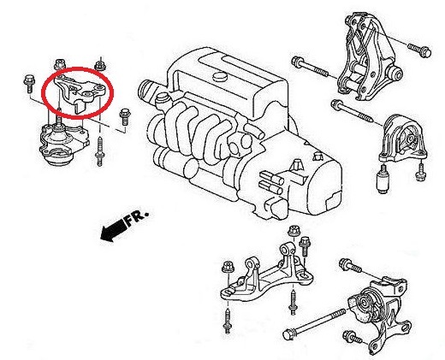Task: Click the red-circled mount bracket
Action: [x=80, y=91]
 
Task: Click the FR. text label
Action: [x=137, y=218]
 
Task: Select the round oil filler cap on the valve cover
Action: [x=219, y=77]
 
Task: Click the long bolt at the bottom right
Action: [x=314, y=323]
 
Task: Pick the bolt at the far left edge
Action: [x=29, y=83]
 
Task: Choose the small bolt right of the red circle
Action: [x=124, y=116]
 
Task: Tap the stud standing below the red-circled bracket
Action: [x=99, y=151]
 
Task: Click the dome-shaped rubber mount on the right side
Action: [x=403, y=139]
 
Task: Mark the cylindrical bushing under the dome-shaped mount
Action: [x=383, y=179]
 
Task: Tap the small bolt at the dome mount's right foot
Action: [x=420, y=172]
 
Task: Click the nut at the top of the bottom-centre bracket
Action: [x=294, y=231]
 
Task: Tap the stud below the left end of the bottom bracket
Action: [x=227, y=321]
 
